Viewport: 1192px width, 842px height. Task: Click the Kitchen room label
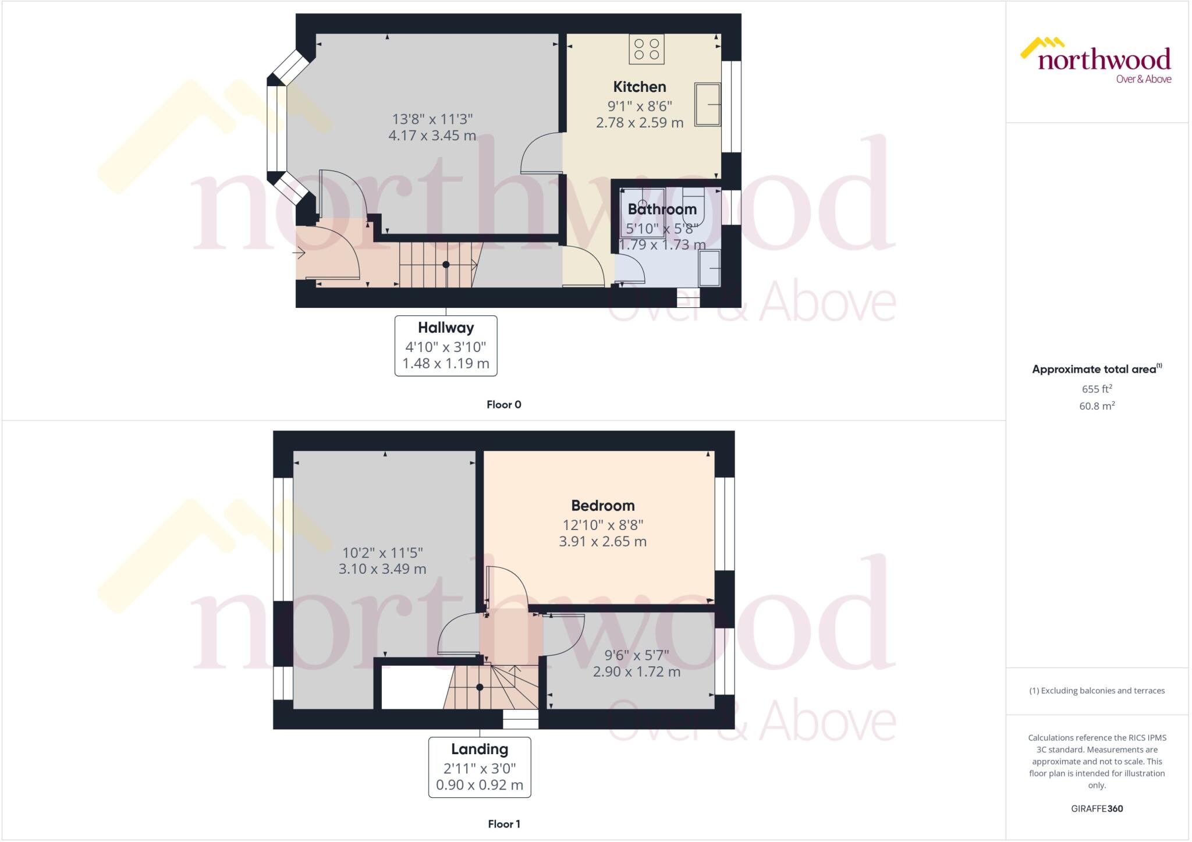click(x=639, y=87)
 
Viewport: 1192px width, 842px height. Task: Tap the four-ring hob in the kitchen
click(x=647, y=49)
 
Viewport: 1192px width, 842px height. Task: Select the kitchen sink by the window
click(x=708, y=105)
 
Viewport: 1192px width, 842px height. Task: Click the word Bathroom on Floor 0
click(x=662, y=209)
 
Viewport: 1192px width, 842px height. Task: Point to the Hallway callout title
click(x=446, y=328)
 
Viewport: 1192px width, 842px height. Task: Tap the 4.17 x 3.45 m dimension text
click(x=432, y=136)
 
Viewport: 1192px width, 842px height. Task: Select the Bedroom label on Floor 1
click(x=602, y=505)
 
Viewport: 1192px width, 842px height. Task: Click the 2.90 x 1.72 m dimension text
click(x=636, y=672)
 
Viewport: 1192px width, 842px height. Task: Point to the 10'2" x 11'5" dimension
click(x=382, y=552)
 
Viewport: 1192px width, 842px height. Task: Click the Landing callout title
click(x=480, y=749)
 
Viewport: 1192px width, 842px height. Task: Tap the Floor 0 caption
click(x=503, y=404)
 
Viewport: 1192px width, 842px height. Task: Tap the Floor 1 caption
click(x=503, y=823)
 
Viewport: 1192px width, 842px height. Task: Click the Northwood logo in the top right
click(x=1098, y=61)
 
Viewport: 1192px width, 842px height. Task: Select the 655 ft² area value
click(x=1097, y=389)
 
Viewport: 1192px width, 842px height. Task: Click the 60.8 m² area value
click(x=1097, y=406)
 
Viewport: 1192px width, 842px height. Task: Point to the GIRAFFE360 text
click(x=1097, y=808)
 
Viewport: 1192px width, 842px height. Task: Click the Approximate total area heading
click(x=1094, y=369)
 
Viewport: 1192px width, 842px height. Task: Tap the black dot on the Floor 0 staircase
click(x=446, y=265)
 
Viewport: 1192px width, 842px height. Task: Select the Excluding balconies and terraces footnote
click(x=1097, y=691)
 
